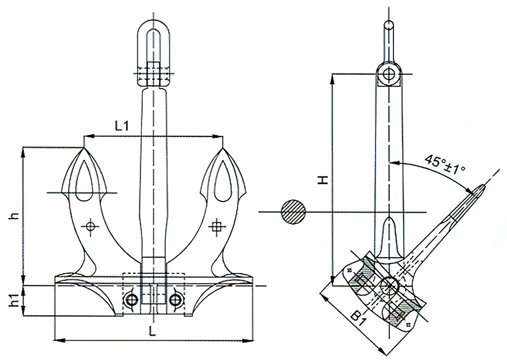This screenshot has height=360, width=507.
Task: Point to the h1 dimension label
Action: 15,301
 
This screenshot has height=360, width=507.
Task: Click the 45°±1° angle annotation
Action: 445,163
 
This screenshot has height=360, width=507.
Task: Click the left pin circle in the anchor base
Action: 131,299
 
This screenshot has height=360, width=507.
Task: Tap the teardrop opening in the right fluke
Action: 222,177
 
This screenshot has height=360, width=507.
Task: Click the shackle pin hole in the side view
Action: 389,74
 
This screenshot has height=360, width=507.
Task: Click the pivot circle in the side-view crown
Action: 389,285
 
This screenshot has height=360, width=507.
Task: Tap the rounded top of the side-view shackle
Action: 389,24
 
